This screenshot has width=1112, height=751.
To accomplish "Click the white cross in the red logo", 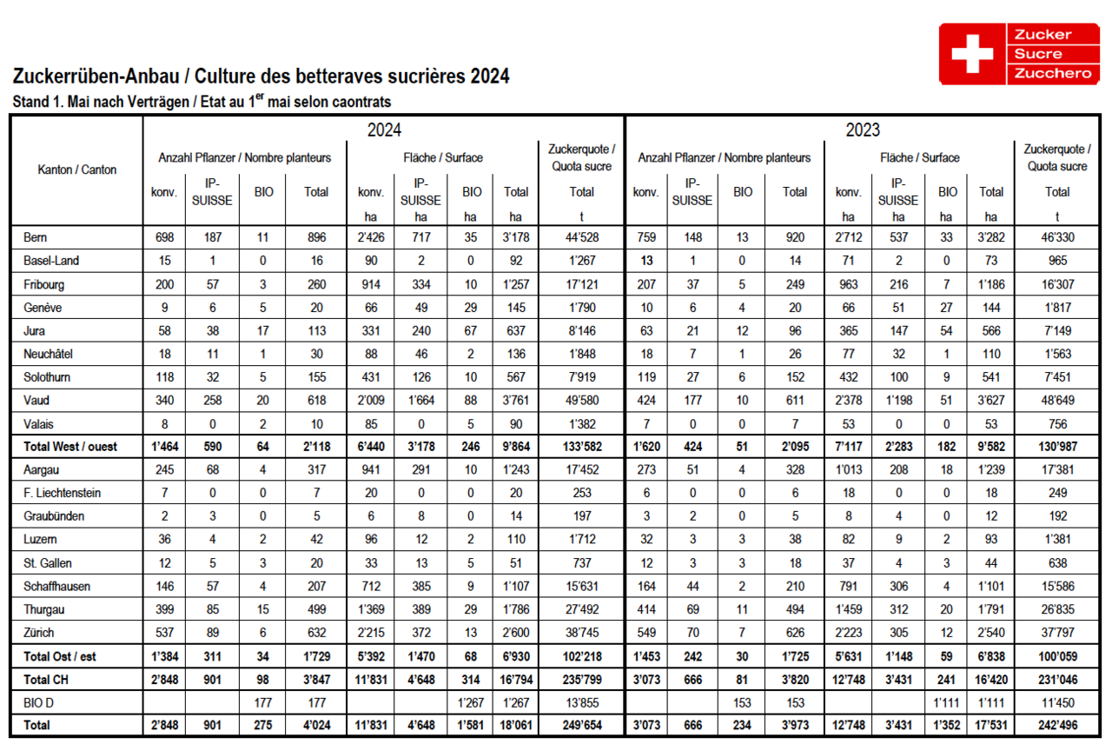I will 972,54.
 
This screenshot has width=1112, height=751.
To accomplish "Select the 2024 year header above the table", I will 384,130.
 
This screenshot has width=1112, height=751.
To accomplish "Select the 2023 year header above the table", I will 864,130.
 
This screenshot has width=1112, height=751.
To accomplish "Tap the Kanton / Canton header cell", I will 77,169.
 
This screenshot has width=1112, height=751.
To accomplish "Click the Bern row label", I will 36,236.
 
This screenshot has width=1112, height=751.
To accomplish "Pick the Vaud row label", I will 37,401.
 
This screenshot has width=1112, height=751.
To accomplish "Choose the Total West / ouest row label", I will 70,447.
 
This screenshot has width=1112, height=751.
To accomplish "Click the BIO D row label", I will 41,702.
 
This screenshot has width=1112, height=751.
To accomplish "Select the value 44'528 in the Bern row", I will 581,236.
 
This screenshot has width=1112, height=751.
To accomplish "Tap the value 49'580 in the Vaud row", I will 581,401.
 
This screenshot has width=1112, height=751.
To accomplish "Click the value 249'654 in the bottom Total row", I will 581,725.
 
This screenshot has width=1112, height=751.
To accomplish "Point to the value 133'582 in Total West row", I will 581,447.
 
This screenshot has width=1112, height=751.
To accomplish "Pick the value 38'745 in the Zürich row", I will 581,633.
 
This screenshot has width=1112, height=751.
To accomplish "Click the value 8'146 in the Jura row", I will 581,330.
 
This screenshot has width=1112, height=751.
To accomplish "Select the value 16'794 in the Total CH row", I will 516,679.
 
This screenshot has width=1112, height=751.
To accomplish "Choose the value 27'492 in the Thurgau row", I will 581,609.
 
